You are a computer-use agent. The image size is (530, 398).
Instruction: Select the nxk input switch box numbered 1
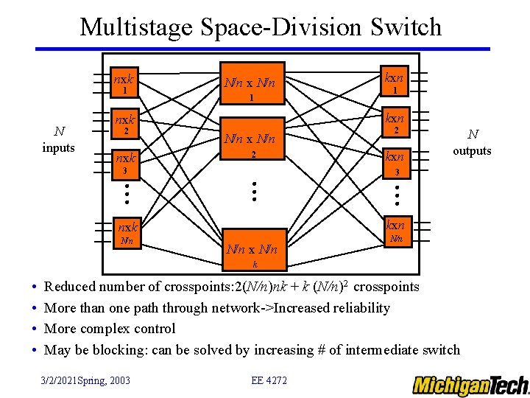coord(126,83)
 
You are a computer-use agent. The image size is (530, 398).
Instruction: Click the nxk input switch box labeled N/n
coord(126,233)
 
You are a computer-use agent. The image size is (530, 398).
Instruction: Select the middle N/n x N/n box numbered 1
coord(251,87)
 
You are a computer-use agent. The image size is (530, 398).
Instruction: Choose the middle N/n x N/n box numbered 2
coord(251,144)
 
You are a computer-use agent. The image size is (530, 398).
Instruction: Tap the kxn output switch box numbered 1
coord(395,83)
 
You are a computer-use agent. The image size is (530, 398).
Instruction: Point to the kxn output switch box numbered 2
coord(395,123)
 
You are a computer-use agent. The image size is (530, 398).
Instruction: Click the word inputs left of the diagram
coord(59,147)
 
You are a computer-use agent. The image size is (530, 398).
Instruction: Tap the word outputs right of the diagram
coord(472,150)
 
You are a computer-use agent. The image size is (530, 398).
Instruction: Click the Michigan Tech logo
coord(470,385)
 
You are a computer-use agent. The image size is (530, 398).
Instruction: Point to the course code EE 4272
coord(269,380)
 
